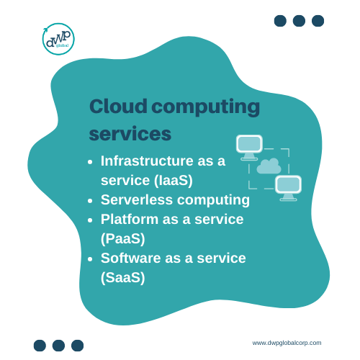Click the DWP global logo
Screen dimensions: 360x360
tap(58, 39)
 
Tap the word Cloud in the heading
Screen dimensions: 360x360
tap(118, 106)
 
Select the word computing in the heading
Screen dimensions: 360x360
tap(206, 108)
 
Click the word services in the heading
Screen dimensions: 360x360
tap(130, 134)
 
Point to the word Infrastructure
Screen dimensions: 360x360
tap(147, 161)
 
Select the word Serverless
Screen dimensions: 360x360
tap(137, 199)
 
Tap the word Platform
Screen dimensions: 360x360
tap(130, 219)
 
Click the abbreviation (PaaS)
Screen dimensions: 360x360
tap(123, 239)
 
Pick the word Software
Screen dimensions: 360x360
tap(130, 258)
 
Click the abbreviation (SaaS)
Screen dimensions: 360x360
tap(123, 278)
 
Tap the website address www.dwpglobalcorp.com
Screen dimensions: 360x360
tap(287, 343)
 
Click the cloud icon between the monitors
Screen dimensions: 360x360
tap(269, 166)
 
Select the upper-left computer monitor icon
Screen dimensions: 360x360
tap(249, 148)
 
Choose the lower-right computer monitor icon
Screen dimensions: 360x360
tap(288, 188)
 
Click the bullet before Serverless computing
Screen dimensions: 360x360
tap(90, 201)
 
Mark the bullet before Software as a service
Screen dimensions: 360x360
tap(90, 259)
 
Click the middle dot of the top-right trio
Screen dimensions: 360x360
tap(299, 21)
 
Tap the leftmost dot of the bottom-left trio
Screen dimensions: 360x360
tap(40, 346)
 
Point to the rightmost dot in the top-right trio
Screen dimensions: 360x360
tap(318, 21)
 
